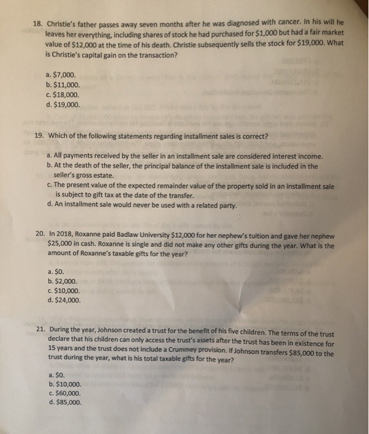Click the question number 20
point(40,234)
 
